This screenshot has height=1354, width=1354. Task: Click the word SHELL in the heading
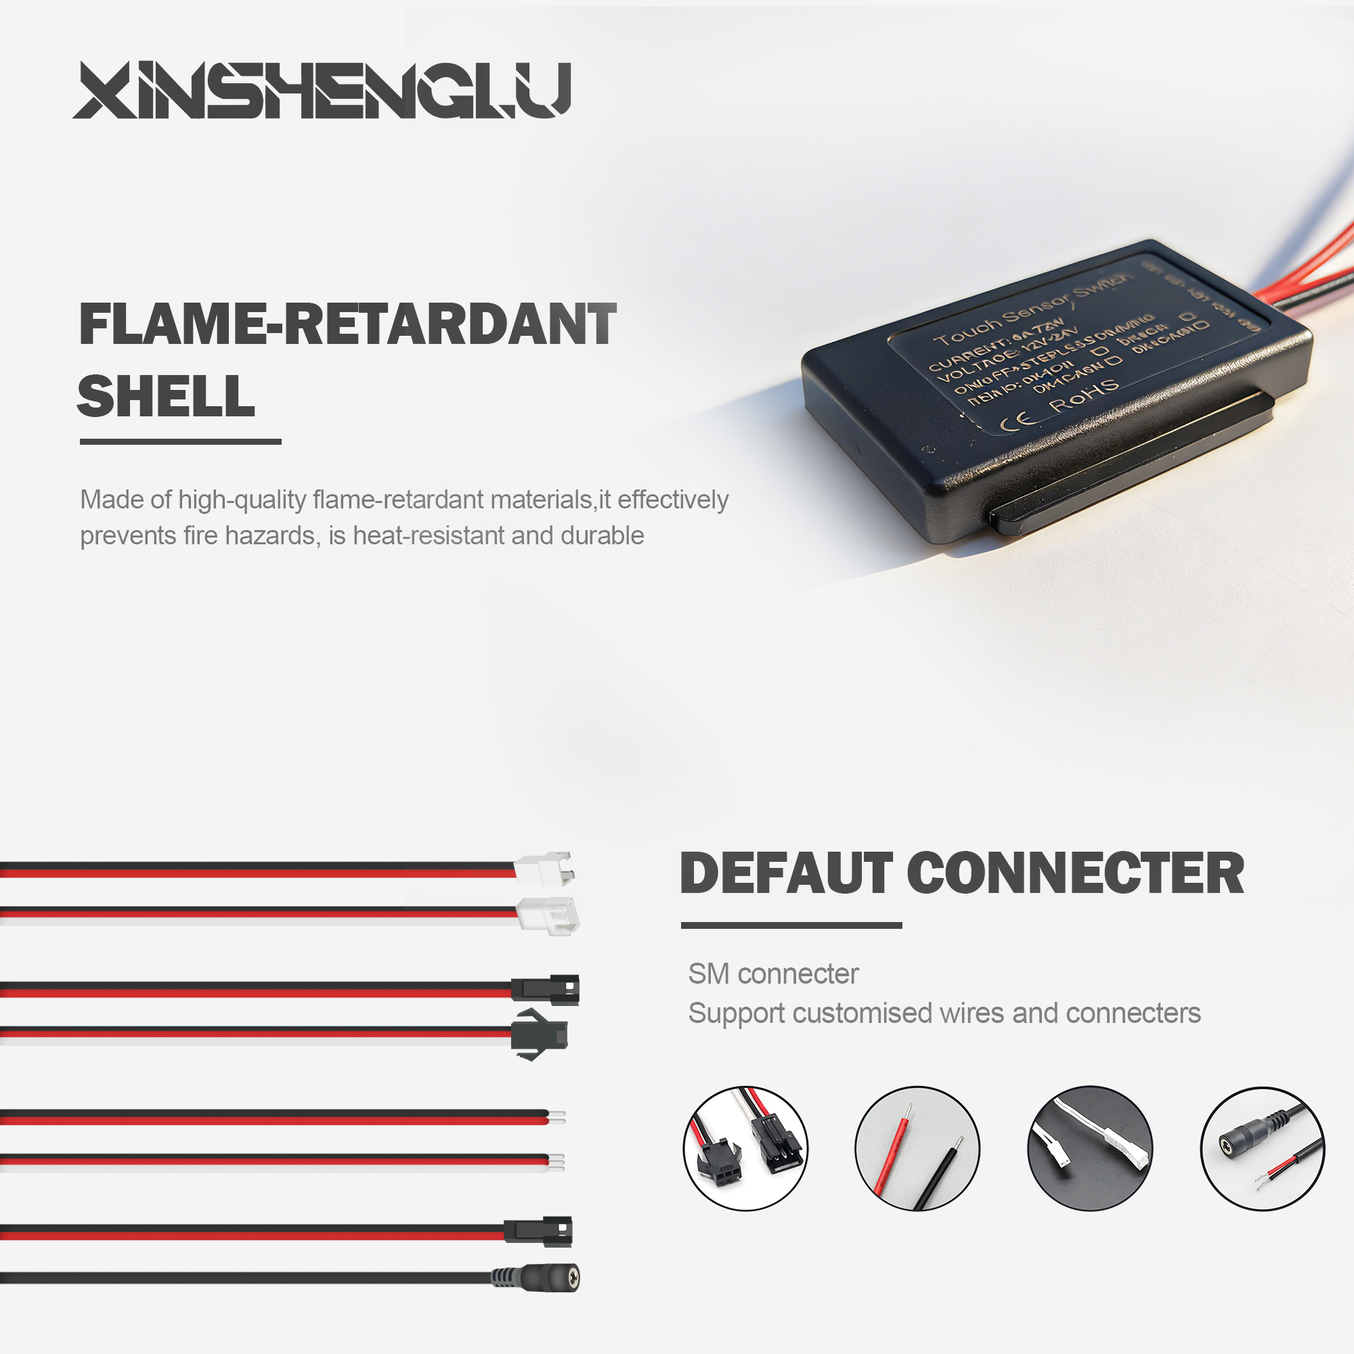166,396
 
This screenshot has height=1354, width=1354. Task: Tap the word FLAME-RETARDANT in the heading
347,324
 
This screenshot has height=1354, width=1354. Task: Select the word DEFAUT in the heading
785,873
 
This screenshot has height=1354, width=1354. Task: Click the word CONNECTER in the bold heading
1075,873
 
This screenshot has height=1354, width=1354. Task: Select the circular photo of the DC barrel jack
1262,1149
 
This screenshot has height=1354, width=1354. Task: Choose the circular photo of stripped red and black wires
917,1148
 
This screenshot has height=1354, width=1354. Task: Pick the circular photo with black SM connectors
745,1148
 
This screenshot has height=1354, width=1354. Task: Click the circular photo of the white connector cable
1089,1148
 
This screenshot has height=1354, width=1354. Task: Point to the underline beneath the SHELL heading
180,441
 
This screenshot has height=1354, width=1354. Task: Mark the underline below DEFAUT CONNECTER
791,925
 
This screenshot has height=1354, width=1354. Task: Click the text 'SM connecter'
773,974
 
